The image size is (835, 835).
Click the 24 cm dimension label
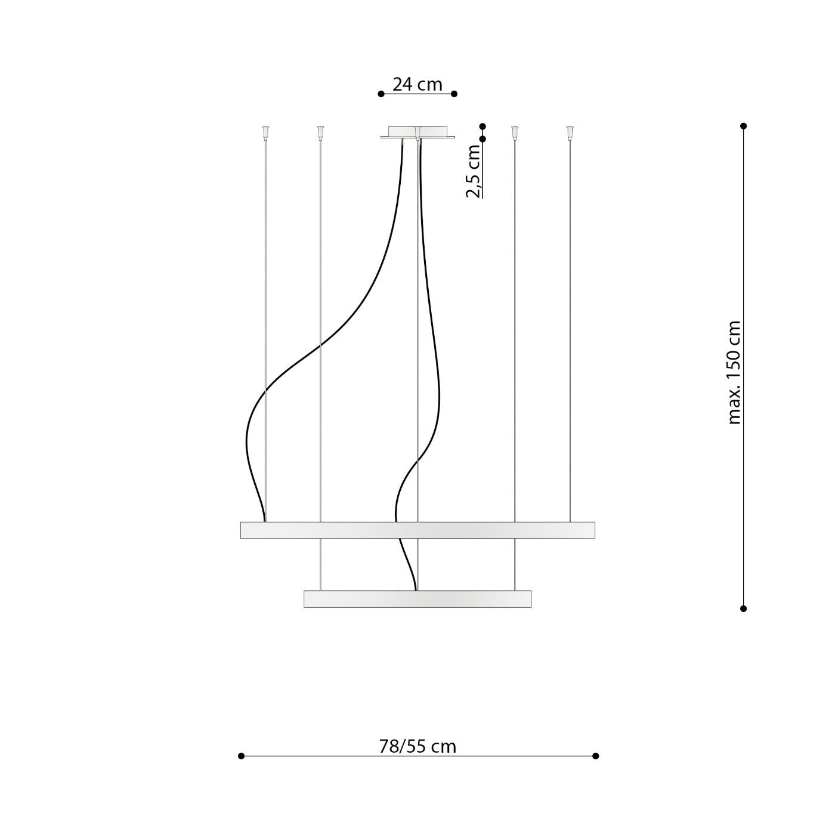click(417, 85)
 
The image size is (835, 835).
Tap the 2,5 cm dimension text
click(474, 171)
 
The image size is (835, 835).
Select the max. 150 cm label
click(734, 373)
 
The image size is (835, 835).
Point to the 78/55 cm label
click(417, 746)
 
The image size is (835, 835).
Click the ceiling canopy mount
click(417, 132)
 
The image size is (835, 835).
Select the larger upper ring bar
click(417, 530)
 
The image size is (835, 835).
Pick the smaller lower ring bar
click(417, 599)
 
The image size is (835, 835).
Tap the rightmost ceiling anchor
click(570, 131)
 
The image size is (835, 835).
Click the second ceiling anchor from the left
click(320, 131)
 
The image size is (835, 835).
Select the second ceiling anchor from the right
click(515, 131)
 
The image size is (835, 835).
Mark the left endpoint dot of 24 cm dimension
click(381, 94)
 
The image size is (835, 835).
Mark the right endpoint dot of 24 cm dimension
click(454, 94)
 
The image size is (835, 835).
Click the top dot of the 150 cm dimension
click(743, 126)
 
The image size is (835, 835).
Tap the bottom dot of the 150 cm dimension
click(743, 608)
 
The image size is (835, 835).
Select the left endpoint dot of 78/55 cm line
click(241, 756)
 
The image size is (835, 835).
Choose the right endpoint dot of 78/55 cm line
click(595, 756)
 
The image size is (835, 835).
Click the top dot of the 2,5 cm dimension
click(483, 126)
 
